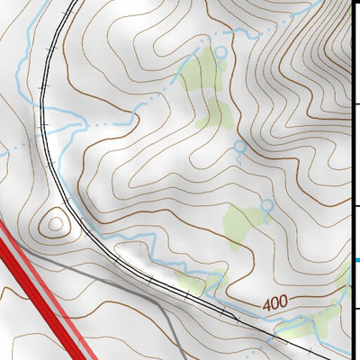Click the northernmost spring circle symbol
pyautogui.click(x=220, y=52)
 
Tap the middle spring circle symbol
pyautogui.click(x=239, y=145)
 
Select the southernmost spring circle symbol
pyautogui.click(x=266, y=206)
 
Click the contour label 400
pyautogui.click(x=278, y=305)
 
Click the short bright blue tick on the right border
pyautogui.click(x=355, y=261)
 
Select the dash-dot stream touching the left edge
pyautogui.click(x=9, y=151)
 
